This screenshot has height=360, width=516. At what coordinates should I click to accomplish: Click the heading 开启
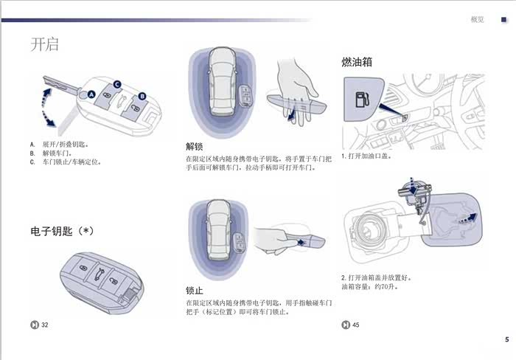[44, 44]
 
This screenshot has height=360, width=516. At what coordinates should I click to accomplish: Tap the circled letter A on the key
[91, 95]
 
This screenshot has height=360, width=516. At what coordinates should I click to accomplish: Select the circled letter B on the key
[143, 95]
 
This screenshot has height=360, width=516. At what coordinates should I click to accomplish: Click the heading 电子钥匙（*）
[62, 231]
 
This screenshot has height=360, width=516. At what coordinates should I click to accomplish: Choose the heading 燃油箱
[357, 61]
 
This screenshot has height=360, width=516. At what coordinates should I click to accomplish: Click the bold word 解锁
[195, 146]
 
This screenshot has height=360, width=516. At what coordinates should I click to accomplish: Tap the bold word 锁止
[195, 290]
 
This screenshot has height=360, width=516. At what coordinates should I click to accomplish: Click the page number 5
[506, 339]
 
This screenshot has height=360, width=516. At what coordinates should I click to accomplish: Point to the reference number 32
[45, 325]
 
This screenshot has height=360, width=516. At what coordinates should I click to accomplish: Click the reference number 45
[356, 325]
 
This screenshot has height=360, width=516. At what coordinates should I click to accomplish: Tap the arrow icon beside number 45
[345, 325]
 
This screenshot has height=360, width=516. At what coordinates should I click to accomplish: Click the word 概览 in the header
[477, 19]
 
